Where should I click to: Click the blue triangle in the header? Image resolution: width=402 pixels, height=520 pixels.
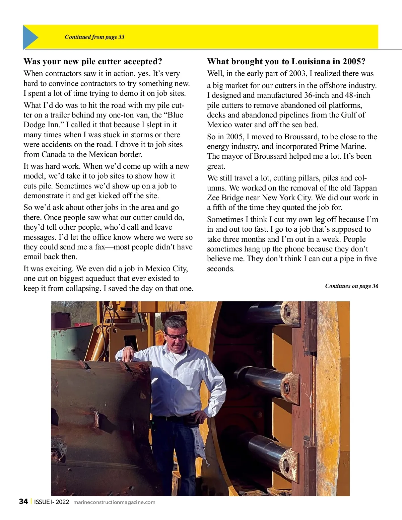[x=29, y=37]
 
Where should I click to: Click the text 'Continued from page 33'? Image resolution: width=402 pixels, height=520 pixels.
[x=94, y=37]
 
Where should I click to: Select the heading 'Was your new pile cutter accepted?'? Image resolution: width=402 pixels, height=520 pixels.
[x=93, y=62]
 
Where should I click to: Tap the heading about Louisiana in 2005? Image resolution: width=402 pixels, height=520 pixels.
[x=286, y=62]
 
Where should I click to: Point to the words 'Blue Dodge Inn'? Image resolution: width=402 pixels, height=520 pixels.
[x=104, y=120]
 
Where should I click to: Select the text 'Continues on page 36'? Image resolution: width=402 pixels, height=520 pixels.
[x=351, y=286]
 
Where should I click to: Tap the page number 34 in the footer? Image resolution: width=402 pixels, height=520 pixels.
[x=23, y=502]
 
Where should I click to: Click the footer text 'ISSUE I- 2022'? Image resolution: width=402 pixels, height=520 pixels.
[x=52, y=502]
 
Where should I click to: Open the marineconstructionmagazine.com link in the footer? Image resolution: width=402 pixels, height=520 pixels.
[x=114, y=502]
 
